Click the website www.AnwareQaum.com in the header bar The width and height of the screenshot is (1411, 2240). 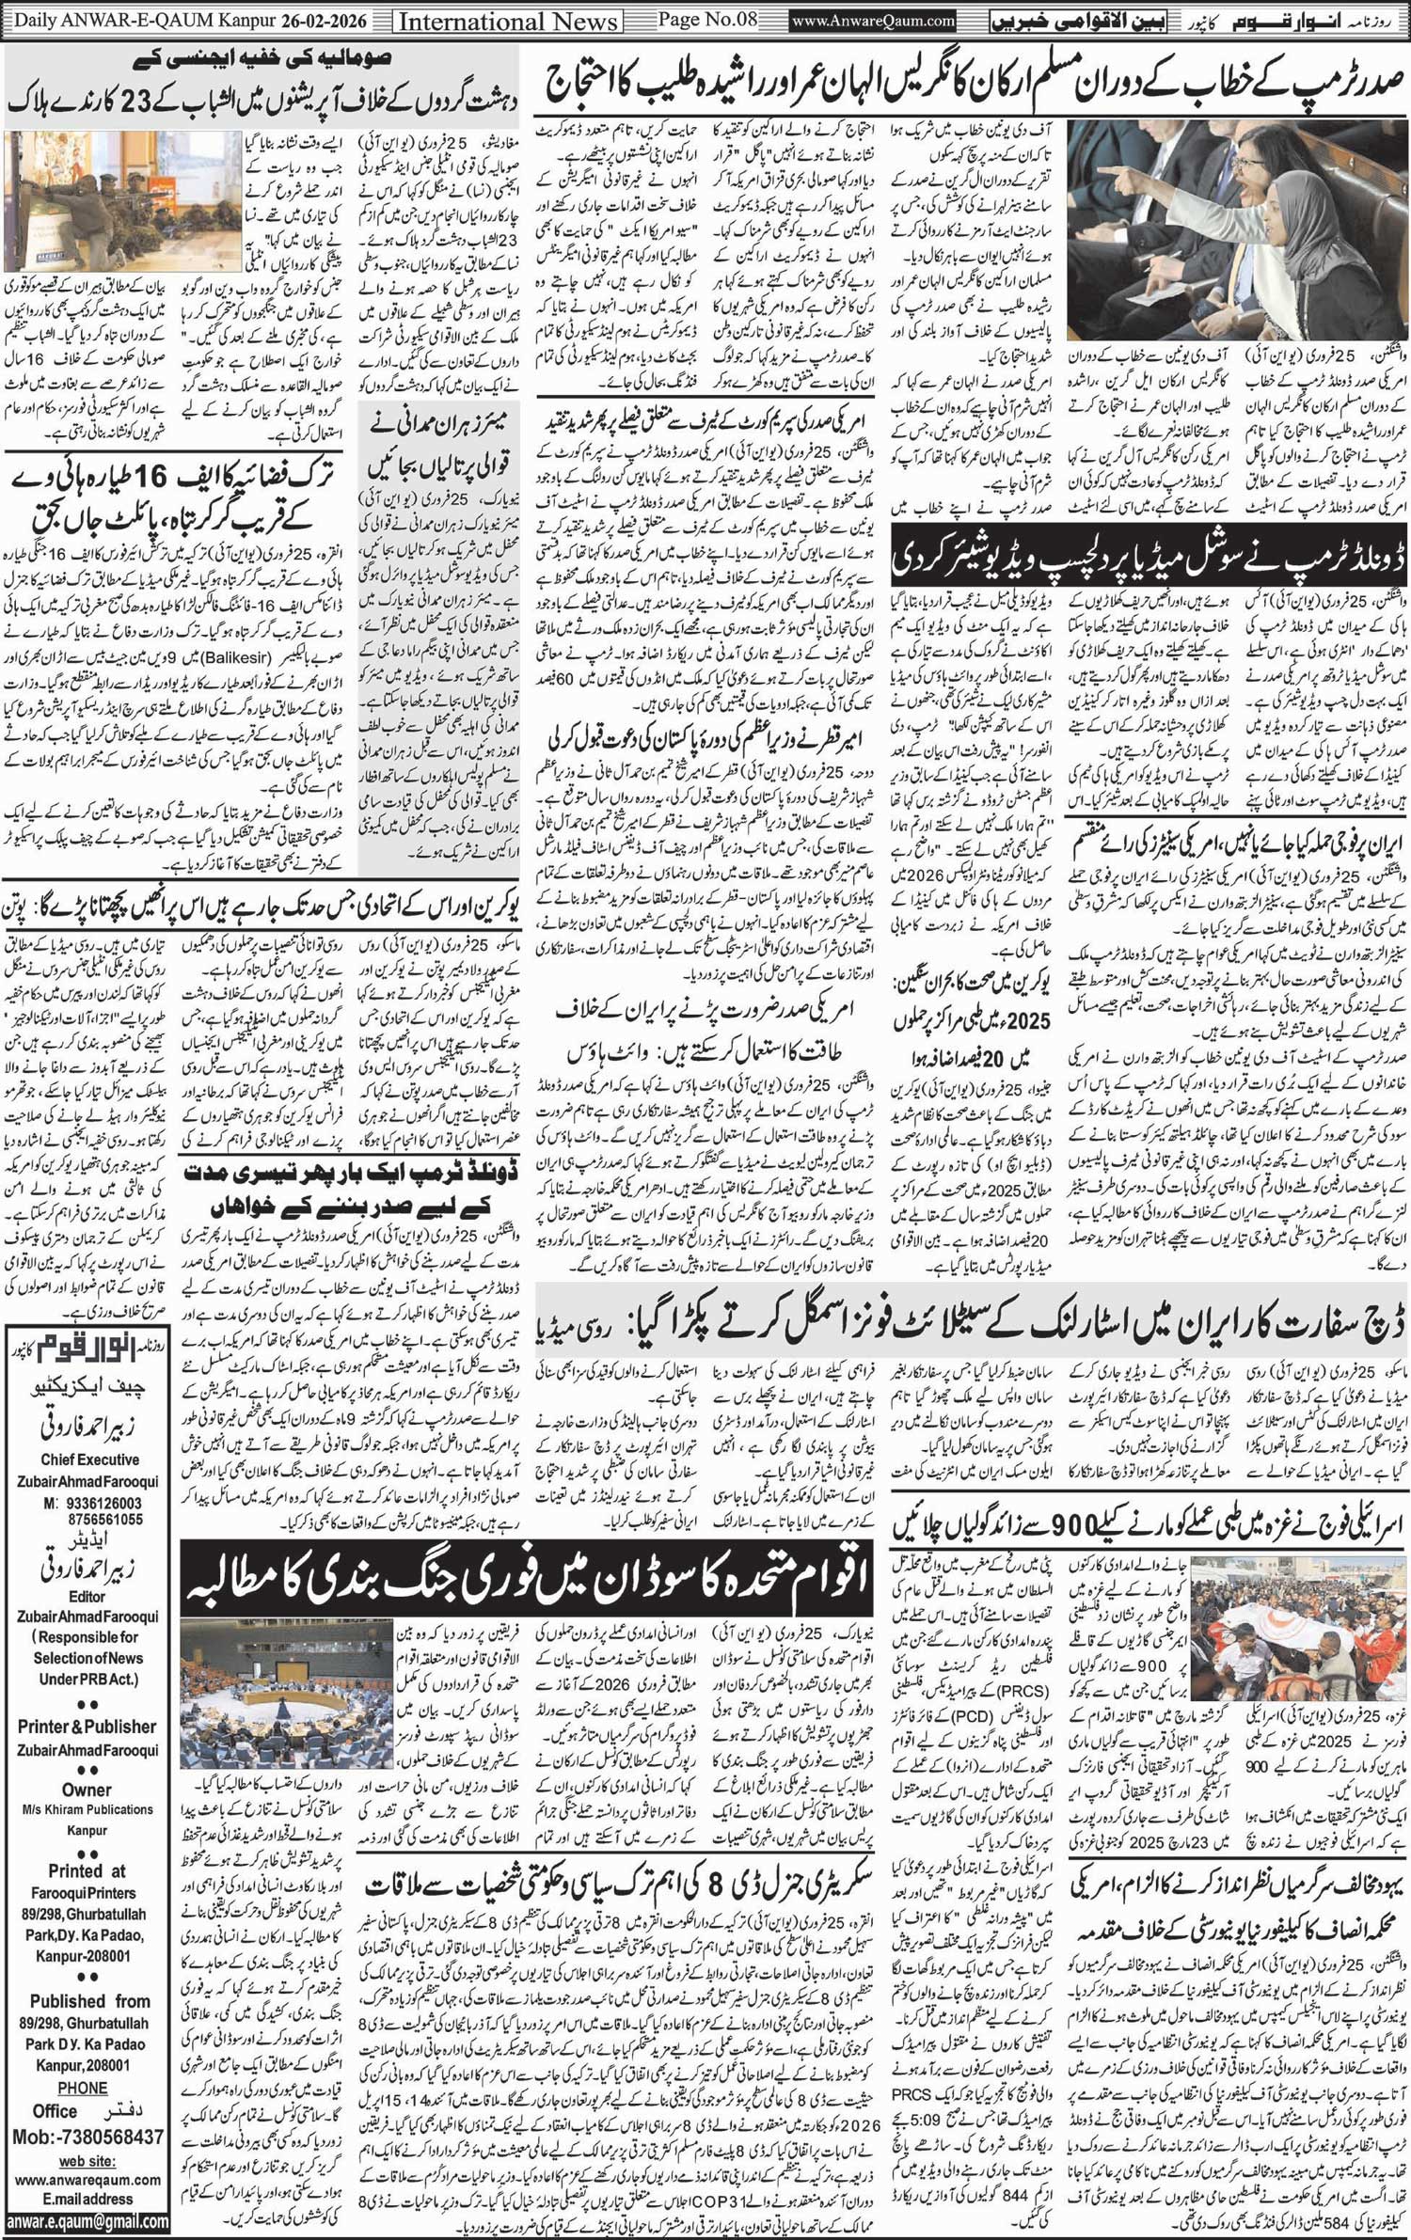873,19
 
